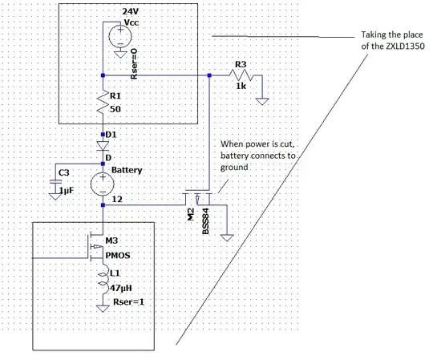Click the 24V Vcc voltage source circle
tap(120, 36)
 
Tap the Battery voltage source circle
tap(103, 184)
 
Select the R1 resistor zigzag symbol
tap(103, 102)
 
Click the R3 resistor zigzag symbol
tap(241, 75)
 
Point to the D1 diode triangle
tap(103, 146)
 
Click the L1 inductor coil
tap(103, 279)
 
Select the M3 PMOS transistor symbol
tap(95, 246)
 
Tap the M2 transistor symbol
tap(198, 198)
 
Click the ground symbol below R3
tap(262, 101)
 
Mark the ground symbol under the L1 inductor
tap(103, 309)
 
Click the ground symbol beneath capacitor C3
tap(55, 196)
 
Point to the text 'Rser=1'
tap(128, 301)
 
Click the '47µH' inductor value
tap(121, 288)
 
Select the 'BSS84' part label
tap(206, 221)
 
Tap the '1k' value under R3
tap(241, 86)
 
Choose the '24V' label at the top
tap(131, 11)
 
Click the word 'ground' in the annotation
tap(234, 168)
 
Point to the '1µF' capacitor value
tap(67, 191)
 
